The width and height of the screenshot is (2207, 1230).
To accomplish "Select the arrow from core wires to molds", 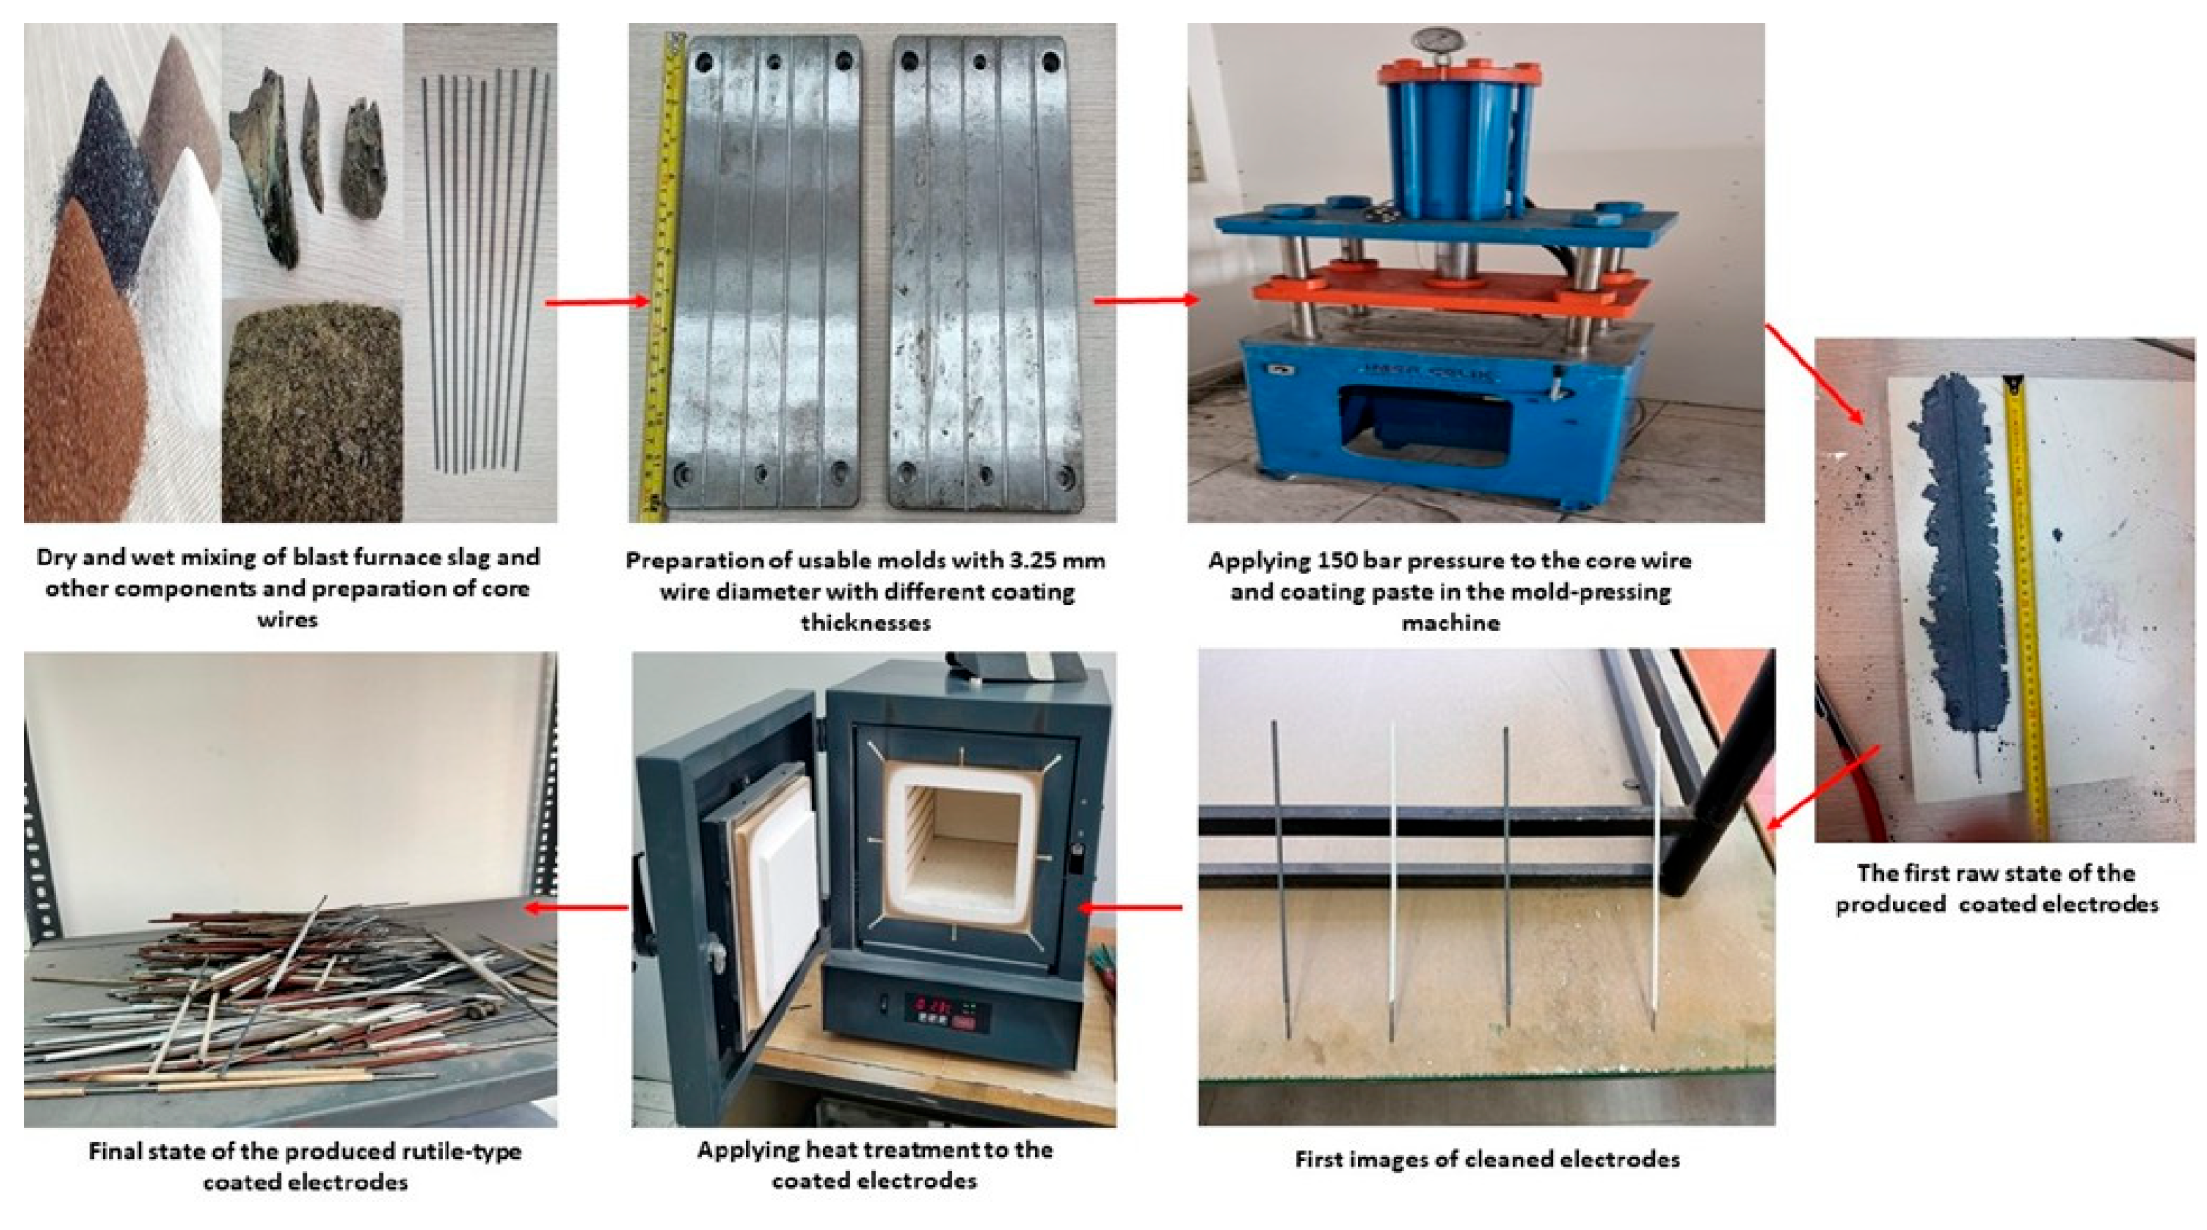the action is [x=597, y=302].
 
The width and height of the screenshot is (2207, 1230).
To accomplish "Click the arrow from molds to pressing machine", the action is [x=1146, y=301].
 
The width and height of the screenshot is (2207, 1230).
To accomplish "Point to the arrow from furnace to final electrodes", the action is [x=577, y=907].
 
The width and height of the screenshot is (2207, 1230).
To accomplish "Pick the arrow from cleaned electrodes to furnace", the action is [x=1130, y=907].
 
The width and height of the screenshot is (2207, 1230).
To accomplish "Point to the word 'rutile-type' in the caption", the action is [x=462, y=1152].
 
